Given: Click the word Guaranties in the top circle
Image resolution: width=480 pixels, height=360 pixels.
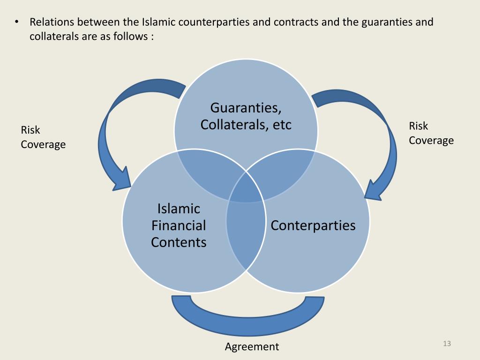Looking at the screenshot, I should [245, 108].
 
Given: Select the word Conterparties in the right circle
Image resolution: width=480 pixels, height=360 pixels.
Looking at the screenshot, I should [313, 225].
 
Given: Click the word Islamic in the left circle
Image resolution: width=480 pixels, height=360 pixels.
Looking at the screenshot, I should [179, 209].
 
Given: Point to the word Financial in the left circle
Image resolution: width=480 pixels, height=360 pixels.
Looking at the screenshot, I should [179, 225].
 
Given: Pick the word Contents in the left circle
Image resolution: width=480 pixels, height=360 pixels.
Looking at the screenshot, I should [179, 242].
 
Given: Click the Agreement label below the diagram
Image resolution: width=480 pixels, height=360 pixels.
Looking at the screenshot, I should [252, 347].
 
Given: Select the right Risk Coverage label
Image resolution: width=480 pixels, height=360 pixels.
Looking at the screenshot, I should [431, 133].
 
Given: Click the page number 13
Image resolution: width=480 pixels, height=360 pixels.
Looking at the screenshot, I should [446, 345].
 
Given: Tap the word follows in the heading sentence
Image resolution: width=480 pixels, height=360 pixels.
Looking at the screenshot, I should [131, 36].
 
